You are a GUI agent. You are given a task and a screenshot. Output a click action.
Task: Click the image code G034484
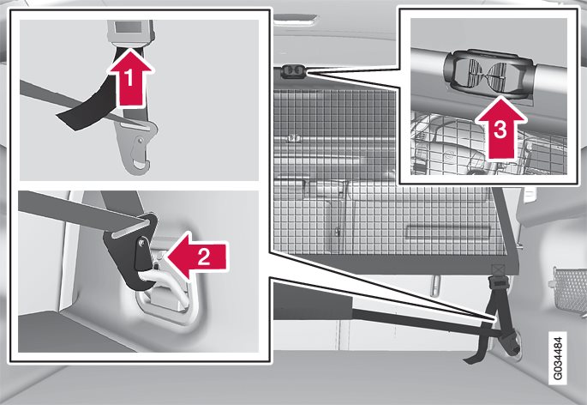pos(558,358)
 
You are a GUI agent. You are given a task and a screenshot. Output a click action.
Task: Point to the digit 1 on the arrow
pos(129,79)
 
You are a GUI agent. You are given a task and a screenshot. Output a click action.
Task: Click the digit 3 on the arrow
pos(501,130)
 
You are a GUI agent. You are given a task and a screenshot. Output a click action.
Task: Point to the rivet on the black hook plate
pos(141,243)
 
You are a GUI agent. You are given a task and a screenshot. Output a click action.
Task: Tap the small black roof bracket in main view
pos(293,71)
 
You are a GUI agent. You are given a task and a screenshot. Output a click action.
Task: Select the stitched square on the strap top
pos(499,269)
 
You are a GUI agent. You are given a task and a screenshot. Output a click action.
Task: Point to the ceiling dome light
pos(296,21)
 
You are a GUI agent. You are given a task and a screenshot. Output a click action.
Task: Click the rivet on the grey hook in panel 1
pos(140,141)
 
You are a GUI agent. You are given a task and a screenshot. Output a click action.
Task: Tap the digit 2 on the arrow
pos(204,257)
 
